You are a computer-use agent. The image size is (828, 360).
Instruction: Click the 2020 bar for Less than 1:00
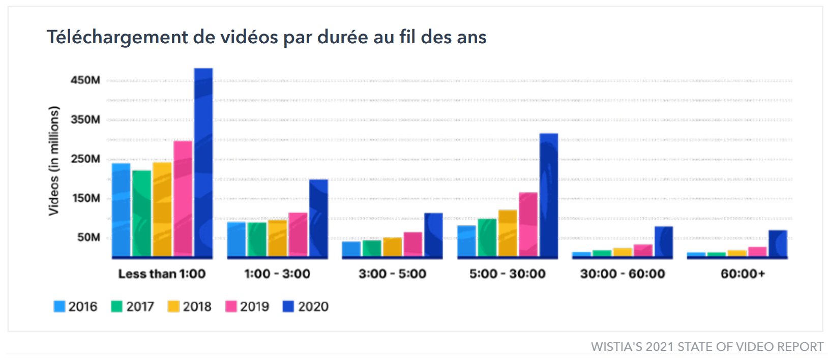click(203, 163)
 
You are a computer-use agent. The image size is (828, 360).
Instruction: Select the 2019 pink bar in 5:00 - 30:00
click(528, 224)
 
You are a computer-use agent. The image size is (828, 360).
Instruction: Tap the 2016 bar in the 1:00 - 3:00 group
click(236, 239)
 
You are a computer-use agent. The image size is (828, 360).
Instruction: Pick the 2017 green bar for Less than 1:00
click(141, 213)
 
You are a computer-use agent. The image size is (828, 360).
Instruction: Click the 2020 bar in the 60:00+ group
click(778, 244)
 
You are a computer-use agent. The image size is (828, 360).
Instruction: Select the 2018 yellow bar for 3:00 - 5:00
click(392, 247)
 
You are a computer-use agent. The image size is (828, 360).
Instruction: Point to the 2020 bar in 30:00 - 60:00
click(663, 242)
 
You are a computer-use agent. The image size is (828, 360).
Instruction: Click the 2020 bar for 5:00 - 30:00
click(548, 195)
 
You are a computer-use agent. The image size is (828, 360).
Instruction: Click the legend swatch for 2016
click(60, 307)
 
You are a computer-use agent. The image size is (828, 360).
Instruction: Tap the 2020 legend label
click(313, 307)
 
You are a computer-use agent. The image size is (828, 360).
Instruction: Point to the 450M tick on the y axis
click(85, 80)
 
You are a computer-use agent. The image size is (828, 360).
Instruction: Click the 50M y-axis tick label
click(88, 237)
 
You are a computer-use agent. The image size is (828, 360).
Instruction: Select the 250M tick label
click(85, 159)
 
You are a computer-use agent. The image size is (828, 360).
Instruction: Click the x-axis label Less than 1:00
click(162, 274)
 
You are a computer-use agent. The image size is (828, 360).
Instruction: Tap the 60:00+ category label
click(742, 274)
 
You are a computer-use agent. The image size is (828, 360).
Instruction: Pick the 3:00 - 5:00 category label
click(392, 274)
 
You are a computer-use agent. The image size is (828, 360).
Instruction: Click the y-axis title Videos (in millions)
click(53, 161)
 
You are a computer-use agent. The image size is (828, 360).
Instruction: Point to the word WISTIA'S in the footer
click(616, 347)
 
